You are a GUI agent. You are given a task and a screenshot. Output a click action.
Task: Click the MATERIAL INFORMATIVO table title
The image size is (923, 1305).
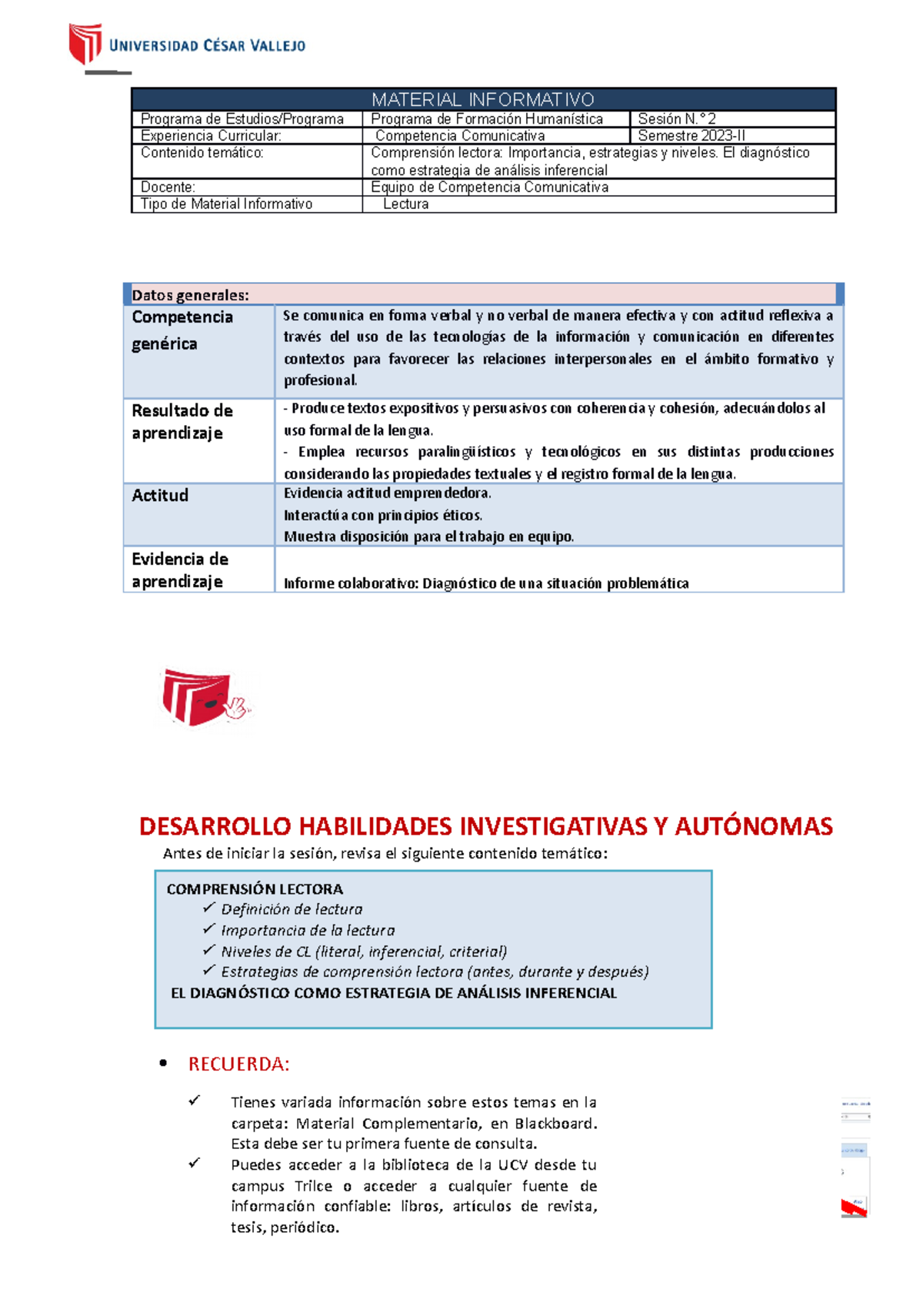coord(483,100)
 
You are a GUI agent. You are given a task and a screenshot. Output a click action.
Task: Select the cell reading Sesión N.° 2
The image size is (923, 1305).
coord(677,119)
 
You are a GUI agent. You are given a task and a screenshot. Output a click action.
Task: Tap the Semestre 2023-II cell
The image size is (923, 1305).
coord(691,136)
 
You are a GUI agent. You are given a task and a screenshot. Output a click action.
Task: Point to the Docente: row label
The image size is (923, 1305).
coord(168,187)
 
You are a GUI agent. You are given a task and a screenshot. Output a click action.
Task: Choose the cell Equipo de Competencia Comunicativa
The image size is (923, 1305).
coord(489,187)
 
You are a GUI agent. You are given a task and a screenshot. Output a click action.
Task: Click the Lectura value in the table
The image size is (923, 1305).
coord(406,204)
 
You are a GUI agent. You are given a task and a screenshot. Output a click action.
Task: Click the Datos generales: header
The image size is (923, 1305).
coord(190,295)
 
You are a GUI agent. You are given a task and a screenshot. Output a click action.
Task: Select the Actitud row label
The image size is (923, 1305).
coord(160,496)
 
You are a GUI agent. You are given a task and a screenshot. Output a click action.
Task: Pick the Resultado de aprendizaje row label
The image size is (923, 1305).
coord(182,421)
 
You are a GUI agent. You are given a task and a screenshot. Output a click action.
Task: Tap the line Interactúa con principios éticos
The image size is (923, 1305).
coord(383,515)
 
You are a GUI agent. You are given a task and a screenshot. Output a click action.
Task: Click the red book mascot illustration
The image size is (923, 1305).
coord(203,698)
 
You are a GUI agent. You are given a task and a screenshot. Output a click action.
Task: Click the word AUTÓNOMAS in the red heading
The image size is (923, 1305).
coord(754,826)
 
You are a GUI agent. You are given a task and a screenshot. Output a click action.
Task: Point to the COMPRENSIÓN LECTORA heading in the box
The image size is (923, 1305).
coord(255,889)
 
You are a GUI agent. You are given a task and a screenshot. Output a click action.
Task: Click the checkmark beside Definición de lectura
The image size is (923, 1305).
coord(208,908)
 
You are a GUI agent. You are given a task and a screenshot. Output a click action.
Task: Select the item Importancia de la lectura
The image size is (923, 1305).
coord(308,931)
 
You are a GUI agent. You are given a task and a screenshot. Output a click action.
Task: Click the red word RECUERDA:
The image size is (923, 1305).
coord(238,1064)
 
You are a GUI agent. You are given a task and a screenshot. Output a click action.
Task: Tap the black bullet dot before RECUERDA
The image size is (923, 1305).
coord(162,1064)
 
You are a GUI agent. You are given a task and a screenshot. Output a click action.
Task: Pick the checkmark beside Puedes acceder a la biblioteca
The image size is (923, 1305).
coord(194,1164)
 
